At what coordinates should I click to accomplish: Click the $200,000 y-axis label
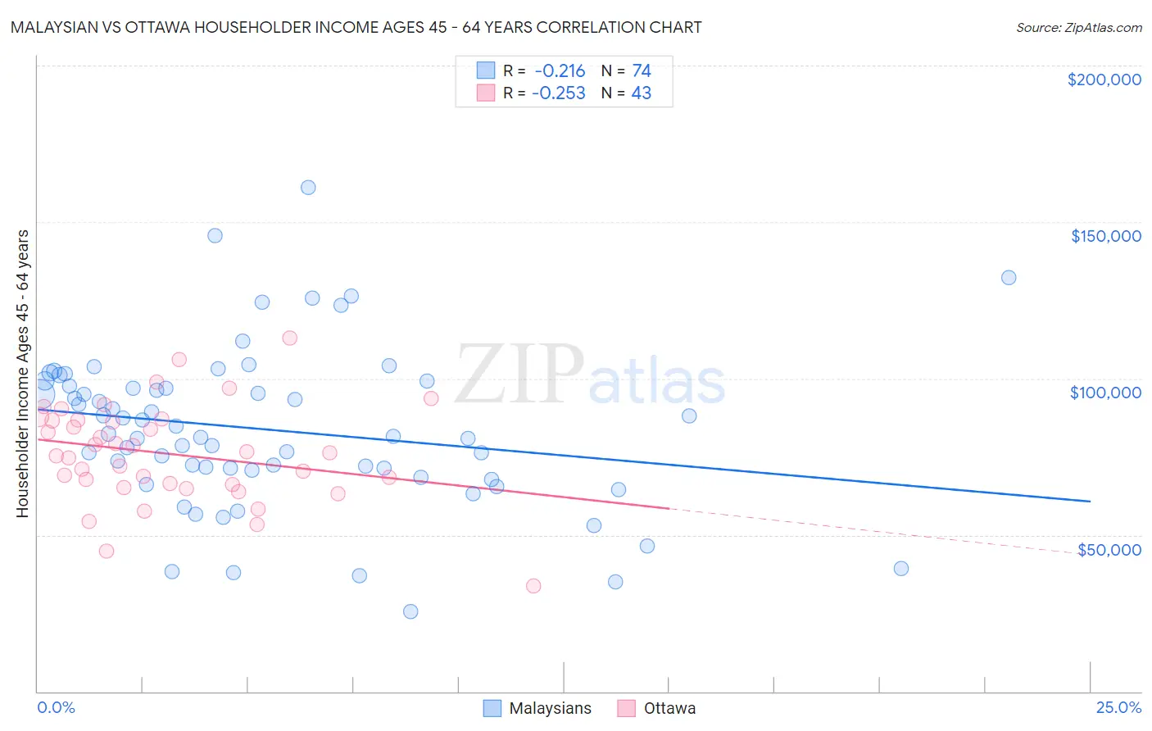tap(1104, 79)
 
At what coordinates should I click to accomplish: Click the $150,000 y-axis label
tap(1105, 236)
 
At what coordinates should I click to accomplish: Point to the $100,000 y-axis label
tap(1105, 393)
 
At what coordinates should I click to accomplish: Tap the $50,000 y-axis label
tap(1109, 549)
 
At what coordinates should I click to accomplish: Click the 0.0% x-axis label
tap(56, 707)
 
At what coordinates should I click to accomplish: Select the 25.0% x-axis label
tap(1118, 707)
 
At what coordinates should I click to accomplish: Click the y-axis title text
tap(22, 374)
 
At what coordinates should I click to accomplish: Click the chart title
tap(356, 27)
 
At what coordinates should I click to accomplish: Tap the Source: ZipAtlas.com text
tap(1078, 28)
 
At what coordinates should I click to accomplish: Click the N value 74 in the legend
tap(641, 71)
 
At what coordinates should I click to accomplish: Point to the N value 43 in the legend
tap(641, 93)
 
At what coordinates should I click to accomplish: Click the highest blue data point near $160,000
tap(308, 187)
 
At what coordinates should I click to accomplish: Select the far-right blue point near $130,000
tap(1009, 278)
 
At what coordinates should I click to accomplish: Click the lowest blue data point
tap(410, 611)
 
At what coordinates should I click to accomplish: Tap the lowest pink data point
tap(533, 586)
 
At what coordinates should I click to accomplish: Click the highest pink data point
tap(289, 338)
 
